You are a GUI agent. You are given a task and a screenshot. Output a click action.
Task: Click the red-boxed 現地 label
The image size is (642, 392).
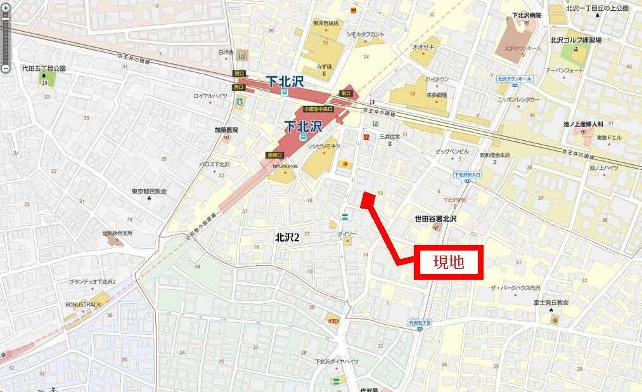click(x=449, y=261)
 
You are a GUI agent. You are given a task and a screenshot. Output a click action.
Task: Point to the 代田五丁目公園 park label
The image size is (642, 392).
click(x=44, y=69)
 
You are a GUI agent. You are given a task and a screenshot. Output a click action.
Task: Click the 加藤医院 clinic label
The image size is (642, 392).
click(x=226, y=130)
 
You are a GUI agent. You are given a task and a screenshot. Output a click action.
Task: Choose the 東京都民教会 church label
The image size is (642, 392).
click(x=149, y=191)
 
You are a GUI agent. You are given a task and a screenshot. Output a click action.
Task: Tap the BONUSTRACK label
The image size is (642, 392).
click(x=83, y=304)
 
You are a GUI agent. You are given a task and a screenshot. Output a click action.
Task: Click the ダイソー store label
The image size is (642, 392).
click(x=347, y=234)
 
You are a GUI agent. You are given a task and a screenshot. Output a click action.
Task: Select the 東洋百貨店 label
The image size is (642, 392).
click(x=326, y=23)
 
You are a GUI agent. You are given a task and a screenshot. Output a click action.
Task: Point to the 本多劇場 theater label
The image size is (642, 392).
click(x=436, y=95)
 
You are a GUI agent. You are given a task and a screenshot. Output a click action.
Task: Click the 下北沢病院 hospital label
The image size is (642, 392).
click(x=527, y=15)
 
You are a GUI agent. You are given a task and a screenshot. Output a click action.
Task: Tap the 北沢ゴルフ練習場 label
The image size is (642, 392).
click(x=575, y=39)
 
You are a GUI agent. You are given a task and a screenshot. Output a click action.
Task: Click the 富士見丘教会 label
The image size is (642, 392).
click(x=551, y=303)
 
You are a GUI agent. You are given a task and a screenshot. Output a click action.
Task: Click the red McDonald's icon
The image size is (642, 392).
click(x=365, y=136)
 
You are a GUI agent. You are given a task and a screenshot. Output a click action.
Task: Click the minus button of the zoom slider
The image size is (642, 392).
click(x=5, y=68)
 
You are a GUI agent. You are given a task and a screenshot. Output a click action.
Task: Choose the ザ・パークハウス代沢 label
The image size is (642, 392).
click(x=514, y=288)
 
